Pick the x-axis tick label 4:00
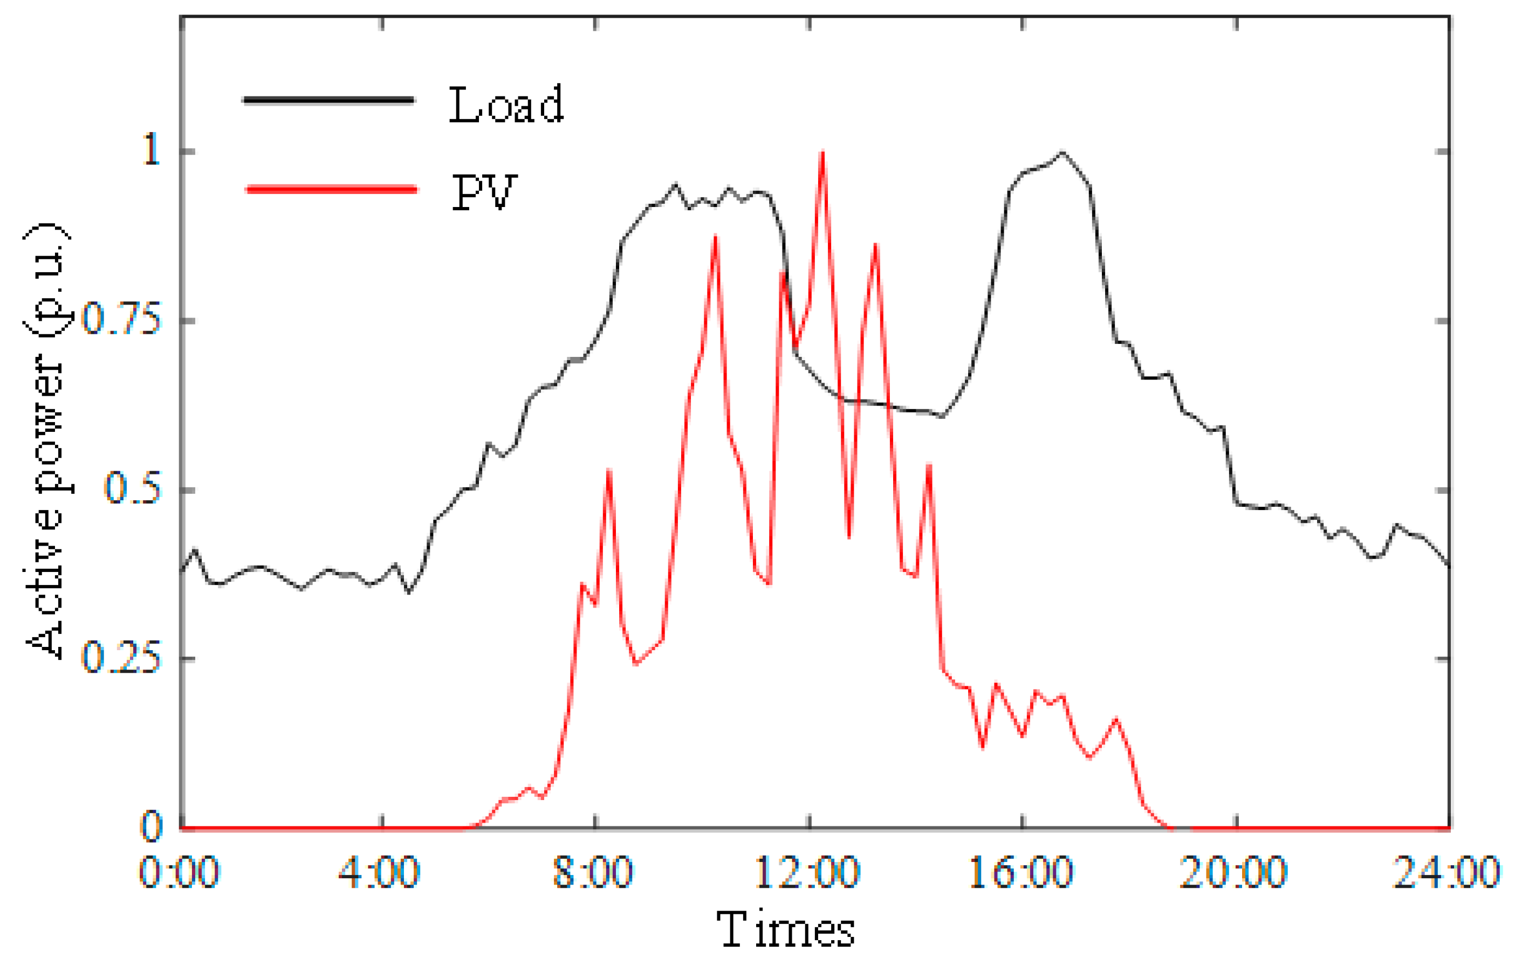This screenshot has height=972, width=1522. pyautogui.click(x=379, y=873)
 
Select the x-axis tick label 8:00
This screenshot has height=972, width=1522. pyautogui.click(x=593, y=873)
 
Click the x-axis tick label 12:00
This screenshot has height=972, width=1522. pyautogui.click(x=807, y=873)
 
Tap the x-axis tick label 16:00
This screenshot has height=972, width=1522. pyautogui.click(x=1021, y=873)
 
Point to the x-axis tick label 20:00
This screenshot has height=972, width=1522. pyautogui.click(x=1234, y=873)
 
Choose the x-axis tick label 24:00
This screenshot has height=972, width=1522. pyautogui.click(x=1447, y=873)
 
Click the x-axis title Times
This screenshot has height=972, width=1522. pyautogui.click(x=786, y=929)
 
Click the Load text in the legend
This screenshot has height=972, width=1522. pyautogui.click(x=506, y=105)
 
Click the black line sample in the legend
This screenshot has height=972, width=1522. pyautogui.click(x=328, y=100)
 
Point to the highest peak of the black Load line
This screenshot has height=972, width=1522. pyautogui.click(x=1062, y=153)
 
